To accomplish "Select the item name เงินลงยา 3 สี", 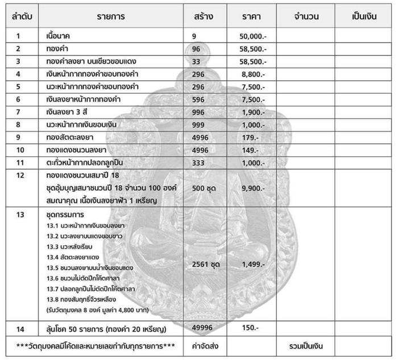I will pyautogui.click(x=67, y=111).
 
